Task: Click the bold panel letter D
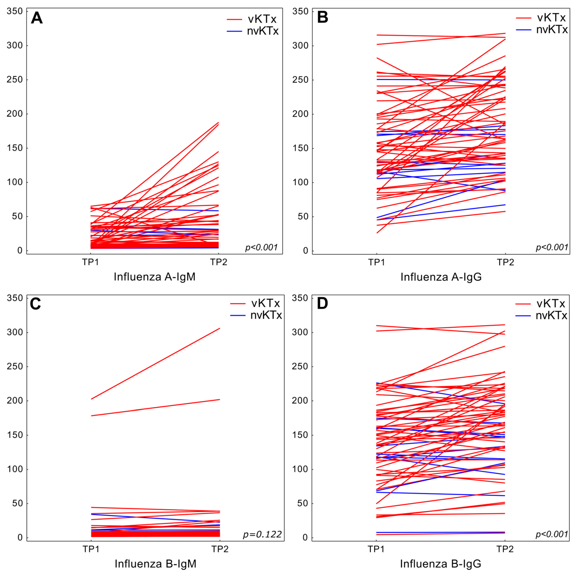point(322,304)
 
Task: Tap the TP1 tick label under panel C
point(91,549)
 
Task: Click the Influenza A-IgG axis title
point(441,277)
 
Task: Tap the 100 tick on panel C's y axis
point(14,469)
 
